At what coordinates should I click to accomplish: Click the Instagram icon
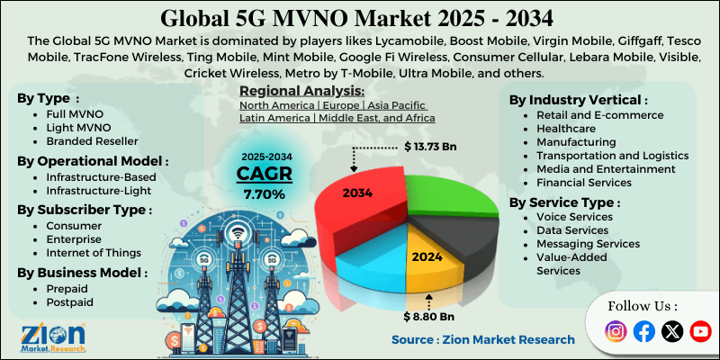[x=616, y=331]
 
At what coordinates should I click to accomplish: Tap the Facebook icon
[x=643, y=331]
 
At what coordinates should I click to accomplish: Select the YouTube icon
[x=700, y=331]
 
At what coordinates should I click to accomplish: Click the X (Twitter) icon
[x=672, y=331]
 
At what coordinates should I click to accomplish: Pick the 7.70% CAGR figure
[x=265, y=193]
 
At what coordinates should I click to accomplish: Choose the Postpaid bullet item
[x=71, y=302]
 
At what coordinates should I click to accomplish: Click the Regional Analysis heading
[x=301, y=91]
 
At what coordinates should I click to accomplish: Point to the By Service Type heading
[x=562, y=202]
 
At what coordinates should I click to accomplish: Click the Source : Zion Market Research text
[x=482, y=339]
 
